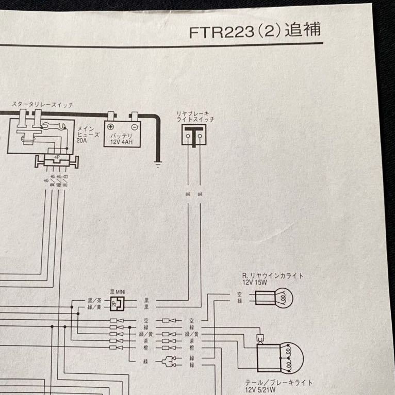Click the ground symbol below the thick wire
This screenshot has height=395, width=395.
coord(157,165)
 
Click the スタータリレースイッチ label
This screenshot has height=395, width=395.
coord(43,105)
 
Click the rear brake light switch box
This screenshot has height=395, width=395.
coord(192,136)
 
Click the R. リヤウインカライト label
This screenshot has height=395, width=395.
coord(272,276)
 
